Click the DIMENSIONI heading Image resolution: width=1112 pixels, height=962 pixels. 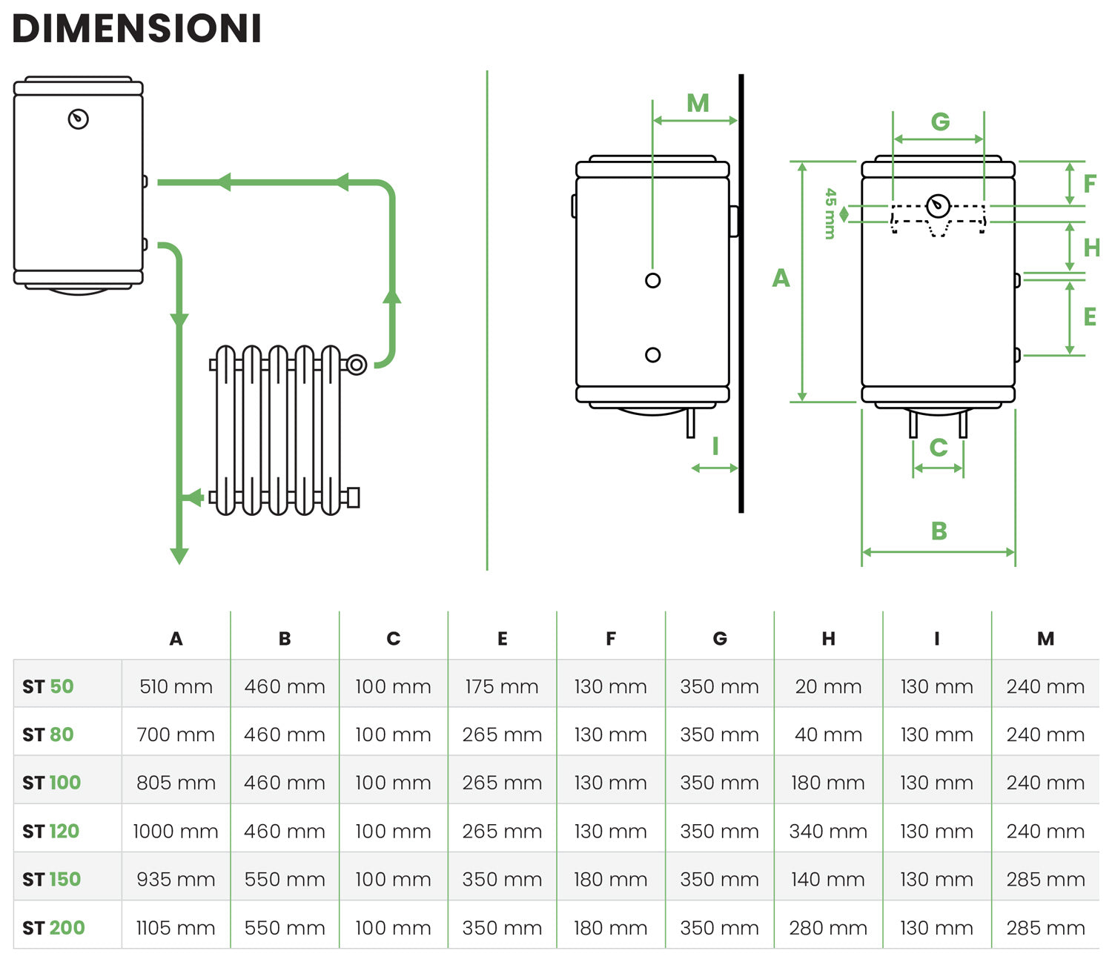[x=137, y=29]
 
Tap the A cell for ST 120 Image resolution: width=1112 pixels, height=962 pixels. [x=176, y=831]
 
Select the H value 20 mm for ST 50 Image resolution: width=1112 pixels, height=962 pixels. [x=828, y=686]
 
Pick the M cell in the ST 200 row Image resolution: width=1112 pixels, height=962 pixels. [x=1045, y=927]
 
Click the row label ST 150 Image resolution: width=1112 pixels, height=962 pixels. [x=51, y=879]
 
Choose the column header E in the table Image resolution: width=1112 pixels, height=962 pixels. [x=502, y=639]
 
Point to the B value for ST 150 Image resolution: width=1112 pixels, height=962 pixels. [x=285, y=879]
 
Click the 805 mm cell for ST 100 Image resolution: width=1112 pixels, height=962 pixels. [x=176, y=783]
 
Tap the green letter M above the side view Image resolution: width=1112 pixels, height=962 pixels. [x=698, y=103]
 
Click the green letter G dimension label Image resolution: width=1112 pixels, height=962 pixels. [x=940, y=122]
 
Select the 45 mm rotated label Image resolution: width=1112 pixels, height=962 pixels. [x=830, y=213]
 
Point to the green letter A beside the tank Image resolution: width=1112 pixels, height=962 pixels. [x=781, y=279]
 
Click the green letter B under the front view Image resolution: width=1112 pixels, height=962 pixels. [x=939, y=531]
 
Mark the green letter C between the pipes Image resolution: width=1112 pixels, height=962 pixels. [x=939, y=448]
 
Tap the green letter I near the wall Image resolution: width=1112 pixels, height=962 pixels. [x=715, y=446]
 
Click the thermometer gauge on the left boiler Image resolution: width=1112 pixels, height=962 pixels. [x=79, y=119]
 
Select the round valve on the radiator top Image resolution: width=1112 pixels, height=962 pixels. [x=357, y=365]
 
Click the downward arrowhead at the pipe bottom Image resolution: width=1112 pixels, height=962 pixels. [x=179, y=555]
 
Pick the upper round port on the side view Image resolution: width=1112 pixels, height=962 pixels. [x=652, y=280]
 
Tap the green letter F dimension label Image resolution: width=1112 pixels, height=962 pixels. [x=1089, y=184]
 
